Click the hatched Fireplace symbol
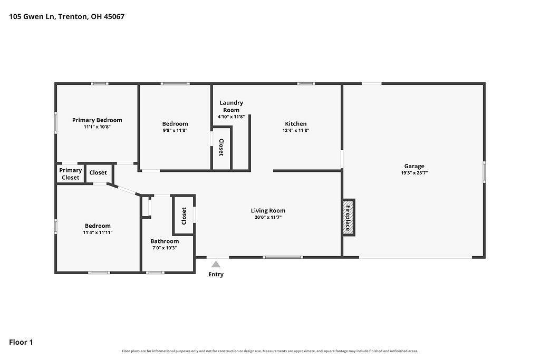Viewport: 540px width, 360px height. tap(348, 218)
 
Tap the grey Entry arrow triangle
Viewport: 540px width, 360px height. tap(216, 264)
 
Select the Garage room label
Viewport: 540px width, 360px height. tap(414, 166)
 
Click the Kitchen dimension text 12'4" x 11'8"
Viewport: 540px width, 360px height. tap(296, 130)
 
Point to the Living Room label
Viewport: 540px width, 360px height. tap(268, 211)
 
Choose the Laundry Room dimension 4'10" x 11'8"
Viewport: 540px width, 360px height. tap(231, 116)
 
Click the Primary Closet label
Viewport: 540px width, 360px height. tap(71, 174)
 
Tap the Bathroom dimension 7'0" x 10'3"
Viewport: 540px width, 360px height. tap(165, 248)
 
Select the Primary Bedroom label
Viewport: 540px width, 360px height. tap(97, 120)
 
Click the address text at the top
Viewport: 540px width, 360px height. tap(67, 16)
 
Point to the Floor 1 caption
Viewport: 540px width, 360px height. tap(21, 342)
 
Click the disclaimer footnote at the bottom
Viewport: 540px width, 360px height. tap(270, 351)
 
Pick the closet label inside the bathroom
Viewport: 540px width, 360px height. tap(184, 216)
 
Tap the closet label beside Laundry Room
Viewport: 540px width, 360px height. tap(221, 147)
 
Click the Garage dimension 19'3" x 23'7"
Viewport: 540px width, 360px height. tap(414, 173)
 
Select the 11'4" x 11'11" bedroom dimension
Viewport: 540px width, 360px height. tap(98, 232)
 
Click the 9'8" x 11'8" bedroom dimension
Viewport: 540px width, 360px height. tap(175, 130)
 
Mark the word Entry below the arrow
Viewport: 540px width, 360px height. tap(216, 274)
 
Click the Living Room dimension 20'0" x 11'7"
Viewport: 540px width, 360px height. tap(268, 218)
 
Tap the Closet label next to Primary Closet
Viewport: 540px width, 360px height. tap(98, 172)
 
